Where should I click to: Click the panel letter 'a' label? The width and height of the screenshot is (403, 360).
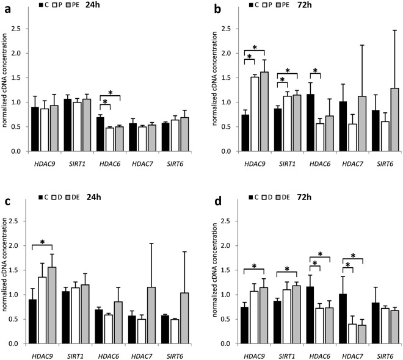pos(4,6)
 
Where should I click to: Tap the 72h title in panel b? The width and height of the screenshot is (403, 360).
pos(311,5)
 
